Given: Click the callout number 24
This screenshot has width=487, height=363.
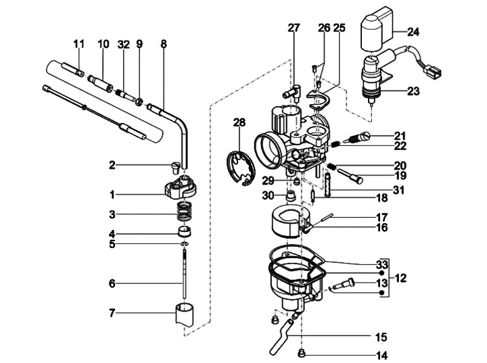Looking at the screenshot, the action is (x=413, y=32).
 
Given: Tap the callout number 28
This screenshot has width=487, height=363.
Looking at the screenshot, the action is (x=239, y=122).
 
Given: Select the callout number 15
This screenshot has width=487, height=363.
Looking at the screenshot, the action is (x=381, y=337).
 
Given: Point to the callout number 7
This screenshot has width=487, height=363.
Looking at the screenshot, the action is (x=112, y=313).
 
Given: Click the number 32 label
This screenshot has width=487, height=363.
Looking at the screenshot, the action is (x=124, y=45).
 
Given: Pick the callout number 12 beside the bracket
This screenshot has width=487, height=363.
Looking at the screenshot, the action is (x=400, y=279).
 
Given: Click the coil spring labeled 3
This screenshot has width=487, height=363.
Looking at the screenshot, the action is (x=184, y=211).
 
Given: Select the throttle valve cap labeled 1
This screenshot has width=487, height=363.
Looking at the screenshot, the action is (x=181, y=187).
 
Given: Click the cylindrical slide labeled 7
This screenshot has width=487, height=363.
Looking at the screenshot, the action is (x=184, y=314).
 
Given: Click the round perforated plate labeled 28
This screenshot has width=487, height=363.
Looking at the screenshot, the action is (x=239, y=168).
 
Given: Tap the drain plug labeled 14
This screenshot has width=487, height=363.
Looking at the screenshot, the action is (x=301, y=353).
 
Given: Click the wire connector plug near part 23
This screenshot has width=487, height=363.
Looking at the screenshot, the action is (x=434, y=73).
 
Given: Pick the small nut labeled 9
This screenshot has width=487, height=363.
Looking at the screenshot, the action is (x=139, y=101).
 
